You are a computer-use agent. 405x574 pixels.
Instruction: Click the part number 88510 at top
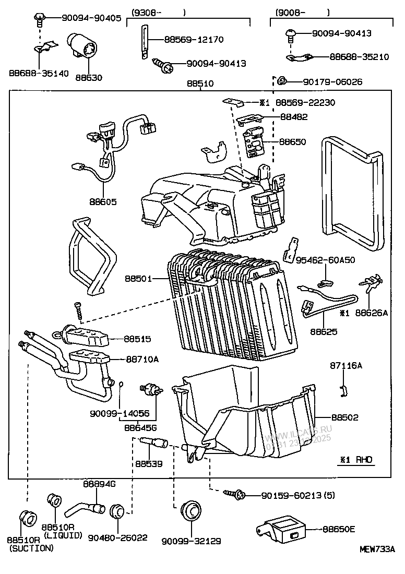(200, 83)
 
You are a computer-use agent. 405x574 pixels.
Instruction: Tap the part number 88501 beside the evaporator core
(138, 279)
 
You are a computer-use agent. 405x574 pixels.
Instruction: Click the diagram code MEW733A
(377, 549)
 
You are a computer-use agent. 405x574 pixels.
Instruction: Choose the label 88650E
(338, 529)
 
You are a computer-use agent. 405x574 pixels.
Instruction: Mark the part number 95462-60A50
(325, 259)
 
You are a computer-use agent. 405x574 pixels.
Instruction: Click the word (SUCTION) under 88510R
(31, 548)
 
